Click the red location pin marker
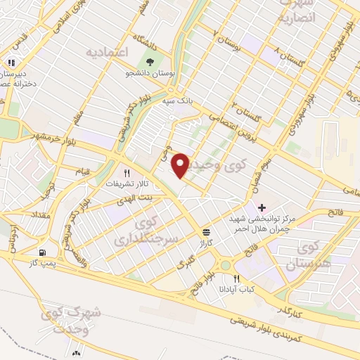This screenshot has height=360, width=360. click(181, 165)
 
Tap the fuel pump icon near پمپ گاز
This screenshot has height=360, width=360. click(44, 252)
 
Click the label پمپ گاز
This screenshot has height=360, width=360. click(41, 262)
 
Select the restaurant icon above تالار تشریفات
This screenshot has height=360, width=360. click(127, 172)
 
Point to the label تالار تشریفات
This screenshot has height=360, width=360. click(124, 183)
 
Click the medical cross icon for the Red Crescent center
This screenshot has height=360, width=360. click(262, 208)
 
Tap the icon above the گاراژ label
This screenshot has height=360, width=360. click(206, 231)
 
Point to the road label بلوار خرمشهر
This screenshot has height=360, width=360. click(51, 134)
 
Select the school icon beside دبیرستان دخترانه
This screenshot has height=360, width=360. click(13, 63)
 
